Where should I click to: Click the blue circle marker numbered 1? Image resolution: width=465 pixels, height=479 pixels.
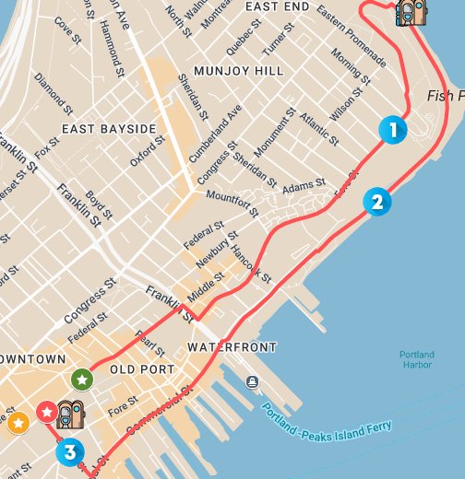pos(393,130)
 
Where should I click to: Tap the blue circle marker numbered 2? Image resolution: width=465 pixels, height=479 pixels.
pos(376,201)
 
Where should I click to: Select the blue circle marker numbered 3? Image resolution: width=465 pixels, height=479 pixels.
pos(69,452)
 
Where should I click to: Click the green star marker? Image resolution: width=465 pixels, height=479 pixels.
pos(82,379)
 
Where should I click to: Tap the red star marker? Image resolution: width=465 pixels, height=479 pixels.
pos(46,411)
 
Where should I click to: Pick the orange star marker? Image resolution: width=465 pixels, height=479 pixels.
pos(17,423)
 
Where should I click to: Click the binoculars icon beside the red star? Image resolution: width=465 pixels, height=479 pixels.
pos(71,415)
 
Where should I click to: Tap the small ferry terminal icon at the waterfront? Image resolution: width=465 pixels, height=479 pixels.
pos(252,381)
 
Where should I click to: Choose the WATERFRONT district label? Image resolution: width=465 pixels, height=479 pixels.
pos(232,347)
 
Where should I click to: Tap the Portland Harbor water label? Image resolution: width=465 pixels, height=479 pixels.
pos(416,360)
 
